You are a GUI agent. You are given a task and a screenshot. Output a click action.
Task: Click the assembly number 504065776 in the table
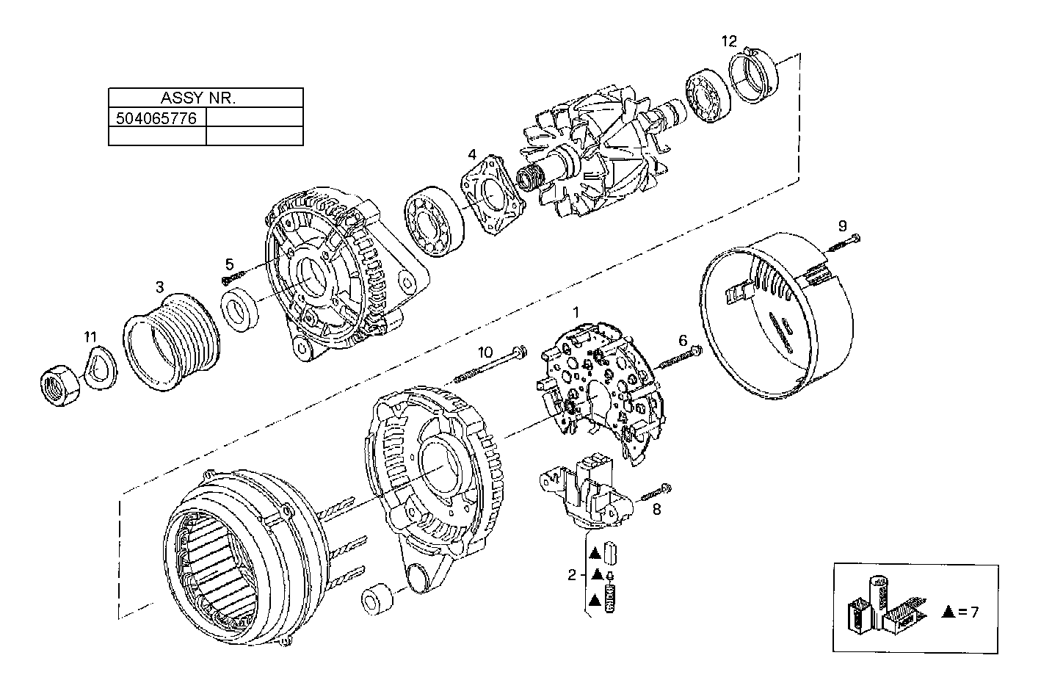tap(156, 118)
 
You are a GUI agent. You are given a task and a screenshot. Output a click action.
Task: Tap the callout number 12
tap(728, 41)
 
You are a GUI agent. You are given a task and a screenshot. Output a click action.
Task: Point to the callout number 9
tap(842, 225)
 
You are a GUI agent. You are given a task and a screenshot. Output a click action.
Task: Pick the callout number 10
tap(485, 352)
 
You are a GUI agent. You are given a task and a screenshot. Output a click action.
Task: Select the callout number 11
tap(90, 337)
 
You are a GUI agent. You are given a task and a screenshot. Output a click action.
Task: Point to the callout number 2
tap(571, 575)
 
